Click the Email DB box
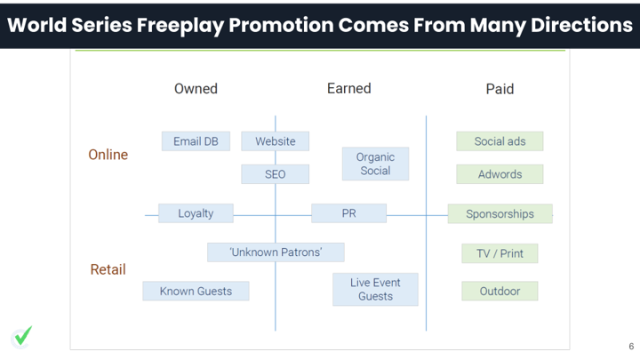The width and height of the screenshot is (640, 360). (196, 141)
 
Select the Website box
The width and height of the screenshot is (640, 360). (275, 141)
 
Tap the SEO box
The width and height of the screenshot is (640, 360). (275, 174)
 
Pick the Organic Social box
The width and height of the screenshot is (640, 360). (375, 164)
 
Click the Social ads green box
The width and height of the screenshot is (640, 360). (500, 141)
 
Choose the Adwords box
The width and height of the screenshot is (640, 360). (500, 174)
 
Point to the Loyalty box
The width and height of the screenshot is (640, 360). (196, 213)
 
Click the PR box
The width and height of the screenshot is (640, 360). (349, 213)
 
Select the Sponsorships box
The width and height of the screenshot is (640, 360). (500, 214)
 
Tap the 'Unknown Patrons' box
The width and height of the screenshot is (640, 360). (276, 252)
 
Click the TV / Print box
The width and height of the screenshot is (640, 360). (500, 253)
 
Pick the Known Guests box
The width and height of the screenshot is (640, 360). (196, 291)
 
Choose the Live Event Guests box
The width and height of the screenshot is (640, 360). (375, 290)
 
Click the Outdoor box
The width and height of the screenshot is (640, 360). (500, 291)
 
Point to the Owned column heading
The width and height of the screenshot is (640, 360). (196, 89)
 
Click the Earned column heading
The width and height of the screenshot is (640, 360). (349, 88)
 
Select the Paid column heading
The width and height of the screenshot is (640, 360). (500, 89)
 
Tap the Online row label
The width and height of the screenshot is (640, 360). (108, 155)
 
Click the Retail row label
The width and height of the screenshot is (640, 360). (108, 269)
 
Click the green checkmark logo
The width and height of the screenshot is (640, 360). (22, 337)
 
